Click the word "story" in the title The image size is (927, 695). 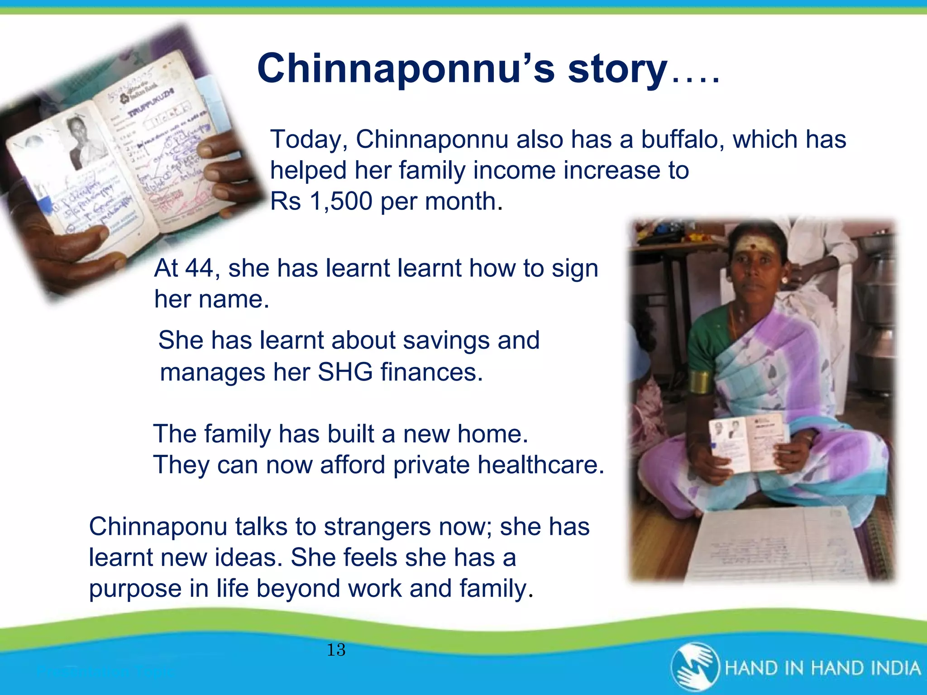click(x=617, y=69)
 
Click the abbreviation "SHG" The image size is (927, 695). click(x=345, y=372)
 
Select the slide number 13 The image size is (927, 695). click(x=336, y=650)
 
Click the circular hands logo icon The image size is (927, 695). click(x=695, y=667)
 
